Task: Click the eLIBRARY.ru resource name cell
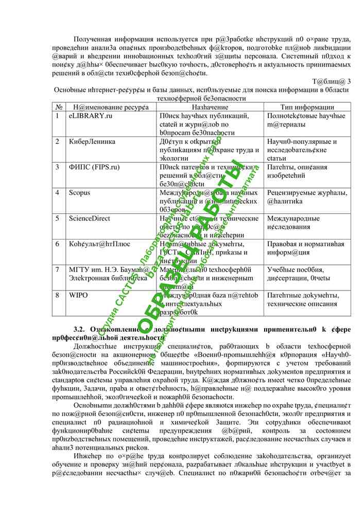pos(91,116)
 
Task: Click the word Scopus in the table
pos(80,193)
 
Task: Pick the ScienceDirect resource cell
pos(90,218)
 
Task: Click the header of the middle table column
pos(210,106)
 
